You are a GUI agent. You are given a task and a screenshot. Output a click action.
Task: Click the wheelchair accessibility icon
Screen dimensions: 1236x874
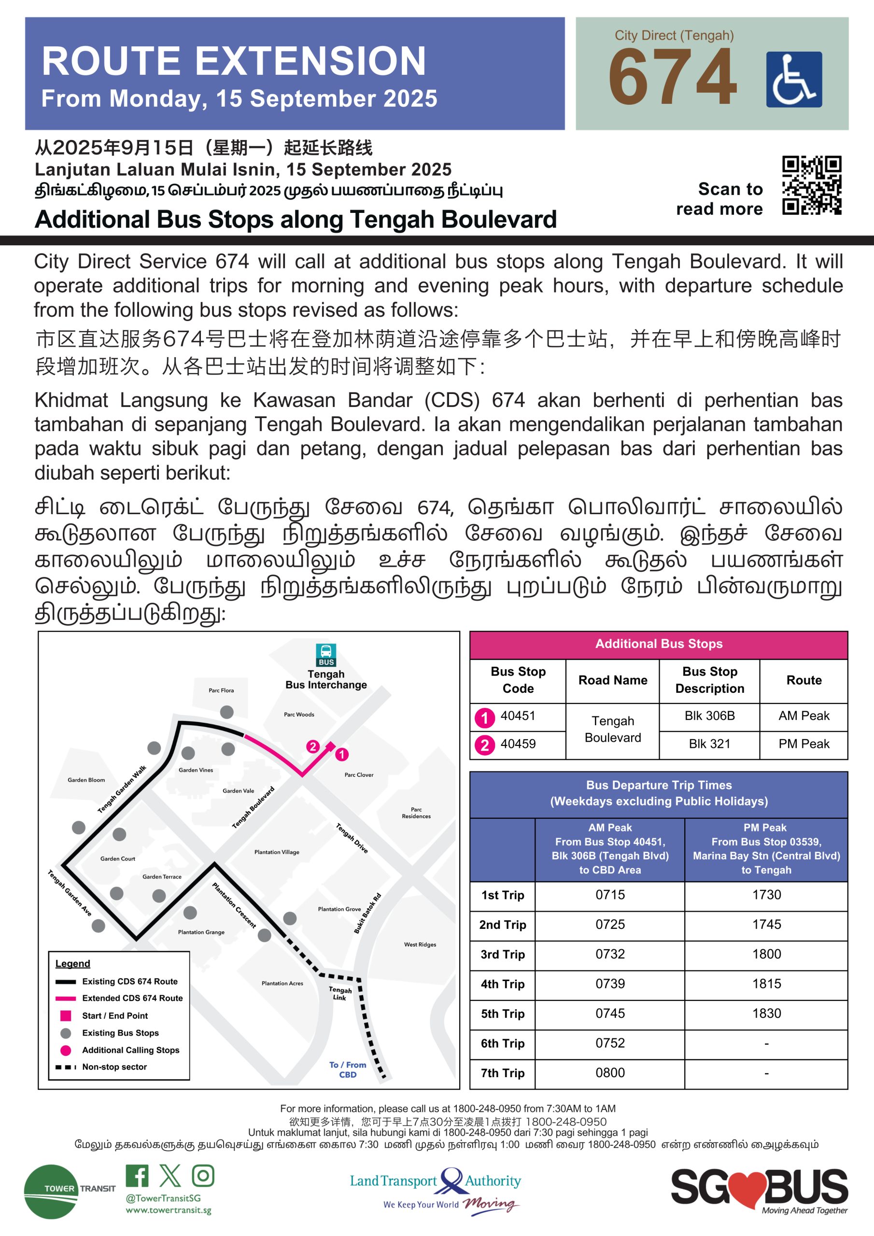pos(793,79)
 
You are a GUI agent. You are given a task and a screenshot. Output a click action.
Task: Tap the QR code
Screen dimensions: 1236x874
pos(811,185)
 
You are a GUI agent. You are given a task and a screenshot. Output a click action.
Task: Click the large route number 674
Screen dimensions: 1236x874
pos(673,77)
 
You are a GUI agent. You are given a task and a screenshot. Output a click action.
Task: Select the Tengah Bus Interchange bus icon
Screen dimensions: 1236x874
pos(326,655)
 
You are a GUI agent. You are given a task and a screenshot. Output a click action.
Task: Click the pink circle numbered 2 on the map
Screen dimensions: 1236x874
pos(312,746)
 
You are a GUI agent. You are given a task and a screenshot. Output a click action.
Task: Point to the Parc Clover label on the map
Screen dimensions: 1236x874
pos(359,774)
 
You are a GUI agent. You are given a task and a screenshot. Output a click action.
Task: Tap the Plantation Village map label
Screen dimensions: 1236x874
pos(277,852)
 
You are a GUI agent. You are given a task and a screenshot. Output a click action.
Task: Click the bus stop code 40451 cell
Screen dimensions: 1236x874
pos(518,716)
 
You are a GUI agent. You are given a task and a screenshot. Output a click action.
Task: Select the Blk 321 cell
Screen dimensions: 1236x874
pos(709,744)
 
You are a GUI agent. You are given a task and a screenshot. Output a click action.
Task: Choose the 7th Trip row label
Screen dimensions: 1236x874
pos(502,1073)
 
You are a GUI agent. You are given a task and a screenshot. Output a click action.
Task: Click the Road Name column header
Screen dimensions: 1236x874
pos(612,680)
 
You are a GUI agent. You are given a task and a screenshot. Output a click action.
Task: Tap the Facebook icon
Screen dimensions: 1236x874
pos(137,1176)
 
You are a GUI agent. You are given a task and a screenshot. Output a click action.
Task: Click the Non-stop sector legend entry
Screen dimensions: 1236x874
pos(114,1067)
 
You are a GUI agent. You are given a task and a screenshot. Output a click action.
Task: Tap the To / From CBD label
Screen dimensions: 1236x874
pos(347,1069)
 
